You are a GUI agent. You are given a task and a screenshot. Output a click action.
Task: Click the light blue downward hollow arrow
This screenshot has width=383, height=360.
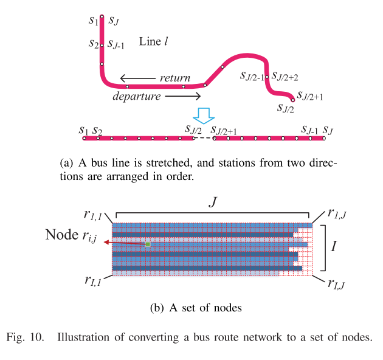[x=203, y=115]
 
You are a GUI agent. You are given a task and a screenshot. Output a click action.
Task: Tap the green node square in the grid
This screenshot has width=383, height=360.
[x=147, y=244]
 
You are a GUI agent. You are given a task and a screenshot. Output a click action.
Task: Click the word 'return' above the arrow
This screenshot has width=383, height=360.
[x=175, y=78]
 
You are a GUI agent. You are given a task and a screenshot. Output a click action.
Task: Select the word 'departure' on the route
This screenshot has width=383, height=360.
[x=137, y=96]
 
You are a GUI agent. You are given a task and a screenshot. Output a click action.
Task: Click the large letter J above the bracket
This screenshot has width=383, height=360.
[x=213, y=202]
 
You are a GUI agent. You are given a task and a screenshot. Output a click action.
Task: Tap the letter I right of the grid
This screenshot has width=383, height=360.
[x=334, y=247]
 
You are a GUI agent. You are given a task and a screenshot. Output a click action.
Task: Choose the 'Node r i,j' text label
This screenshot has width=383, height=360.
[x=72, y=235]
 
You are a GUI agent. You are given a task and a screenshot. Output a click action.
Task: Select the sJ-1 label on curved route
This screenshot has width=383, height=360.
[x=116, y=44]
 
